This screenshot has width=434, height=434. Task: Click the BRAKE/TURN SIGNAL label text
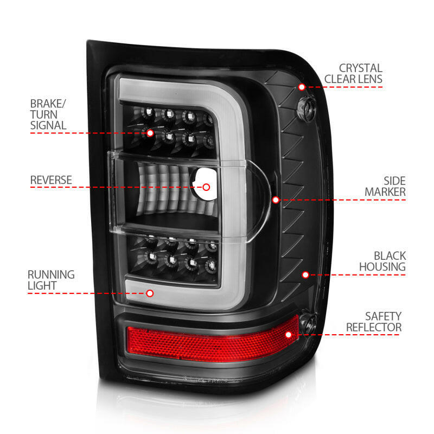point(48,113)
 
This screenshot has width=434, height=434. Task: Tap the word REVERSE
point(51,180)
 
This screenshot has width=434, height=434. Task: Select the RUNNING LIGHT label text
point(52,280)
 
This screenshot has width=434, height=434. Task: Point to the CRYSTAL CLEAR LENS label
point(353,74)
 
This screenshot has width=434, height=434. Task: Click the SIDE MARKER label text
point(385,186)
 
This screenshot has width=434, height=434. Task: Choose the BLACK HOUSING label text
point(382,261)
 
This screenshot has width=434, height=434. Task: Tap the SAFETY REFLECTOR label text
point(374,321)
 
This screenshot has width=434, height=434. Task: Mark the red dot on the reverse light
point(206,187)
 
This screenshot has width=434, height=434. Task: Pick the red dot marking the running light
point(150,293)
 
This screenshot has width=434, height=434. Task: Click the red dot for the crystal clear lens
point(302,87)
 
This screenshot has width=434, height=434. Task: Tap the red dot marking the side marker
point(276,200)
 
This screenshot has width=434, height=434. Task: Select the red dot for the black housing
point(305,275)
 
